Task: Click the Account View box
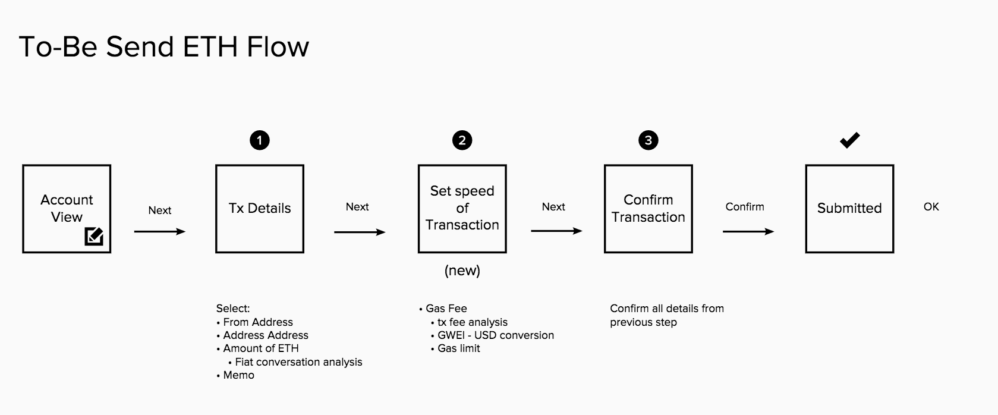point(67,208)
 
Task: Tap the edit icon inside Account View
point(94,236)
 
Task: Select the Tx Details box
point(260,209)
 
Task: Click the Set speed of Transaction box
point(462,209)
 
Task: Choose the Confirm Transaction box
point(648,209)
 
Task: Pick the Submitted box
point(849,209)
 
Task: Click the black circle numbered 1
point(260,140)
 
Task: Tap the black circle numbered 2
point(462,140)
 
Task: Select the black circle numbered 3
point(648,140)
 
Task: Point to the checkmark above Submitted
point(849,140)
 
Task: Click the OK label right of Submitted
point(931,207)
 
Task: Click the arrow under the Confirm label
point(748,231)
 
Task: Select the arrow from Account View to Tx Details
point(159,231)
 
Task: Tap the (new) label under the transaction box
point(462,271)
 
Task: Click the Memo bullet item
point(238,375)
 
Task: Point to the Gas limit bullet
point(458,348)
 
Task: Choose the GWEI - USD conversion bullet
point(495,335)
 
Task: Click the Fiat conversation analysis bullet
point(298,362)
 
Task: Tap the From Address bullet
point(257,322)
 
